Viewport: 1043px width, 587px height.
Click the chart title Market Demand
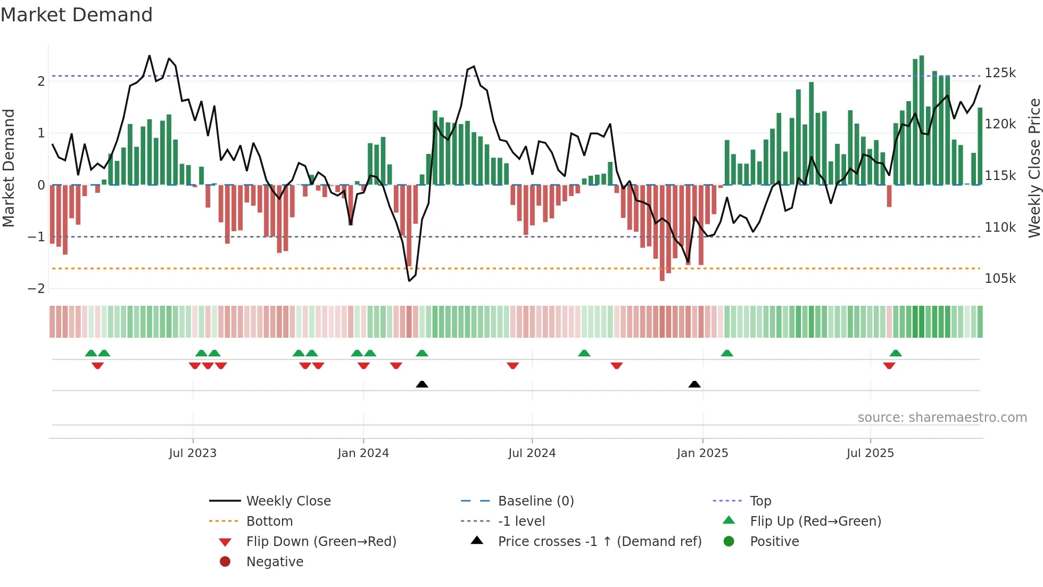(x=77, y=15)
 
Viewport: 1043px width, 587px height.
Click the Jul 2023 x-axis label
(x=193, y=453)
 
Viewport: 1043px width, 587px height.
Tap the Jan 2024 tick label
(x=363, y=453)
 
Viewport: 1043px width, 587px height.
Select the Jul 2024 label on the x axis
(x=532, y=453)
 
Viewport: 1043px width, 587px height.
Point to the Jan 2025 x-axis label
(x=702, y=453)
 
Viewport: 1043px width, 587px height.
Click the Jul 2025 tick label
(x=870, y=453)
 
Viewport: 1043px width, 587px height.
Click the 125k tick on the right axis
(x=1000, y=73)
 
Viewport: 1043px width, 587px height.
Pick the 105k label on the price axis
(x=1000, y=279)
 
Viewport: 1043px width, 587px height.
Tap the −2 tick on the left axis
(x=36, y=289)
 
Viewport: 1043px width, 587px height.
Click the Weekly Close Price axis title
(x=1034, y=168)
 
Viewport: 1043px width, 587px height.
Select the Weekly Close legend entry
(x=288, y=501)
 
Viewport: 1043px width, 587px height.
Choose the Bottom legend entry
(x=269, y=521)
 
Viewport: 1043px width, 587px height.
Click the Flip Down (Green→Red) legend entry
(x=321, y=542)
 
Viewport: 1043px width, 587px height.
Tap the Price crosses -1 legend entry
(x=599, y=542)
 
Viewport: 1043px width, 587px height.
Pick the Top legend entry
(x=760, y=501)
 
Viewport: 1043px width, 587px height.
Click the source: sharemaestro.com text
(x=942, y=418)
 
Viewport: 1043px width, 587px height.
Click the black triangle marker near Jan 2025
(x=694, y=384)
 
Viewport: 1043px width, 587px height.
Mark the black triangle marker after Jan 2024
(x=422, y=384)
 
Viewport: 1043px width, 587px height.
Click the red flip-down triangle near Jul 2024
(x=513, y=365)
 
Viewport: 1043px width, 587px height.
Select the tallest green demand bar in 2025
(x=922, y=120)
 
